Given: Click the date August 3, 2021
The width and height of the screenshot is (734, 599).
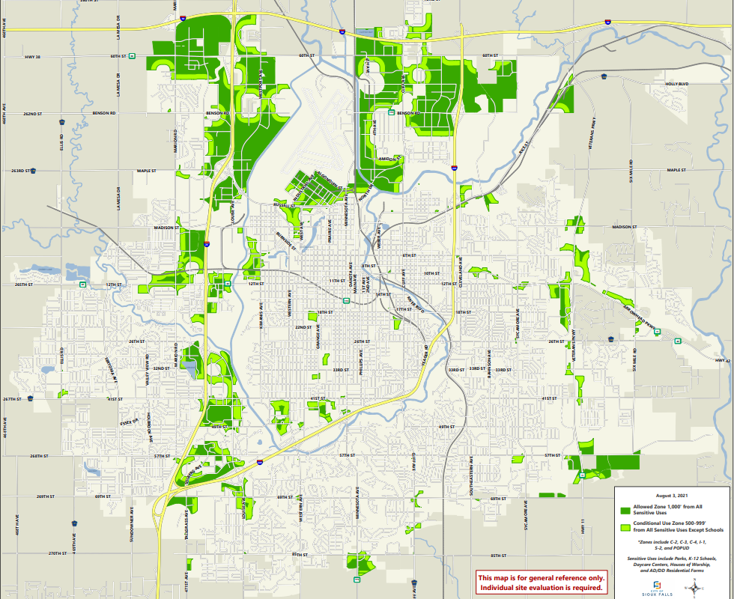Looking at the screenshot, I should pyautogui.click(x=672, y=496).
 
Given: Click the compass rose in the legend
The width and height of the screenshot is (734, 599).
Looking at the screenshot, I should pyautogui.click(x=699, y=586).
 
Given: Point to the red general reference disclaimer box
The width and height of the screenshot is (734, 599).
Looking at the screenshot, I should pyautogui.click(x=542, y=582).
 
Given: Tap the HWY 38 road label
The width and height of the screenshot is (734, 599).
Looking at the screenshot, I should pyautogui.click(x=31, y=56).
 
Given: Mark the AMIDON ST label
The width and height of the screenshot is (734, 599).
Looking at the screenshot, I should pyautogui.click(x=389, y=159).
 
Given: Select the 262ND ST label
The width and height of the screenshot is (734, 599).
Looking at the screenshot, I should pyautogui.click(x=31, y=113).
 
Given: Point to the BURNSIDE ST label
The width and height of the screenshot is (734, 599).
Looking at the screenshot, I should pyautogui.click(x=285, y=240).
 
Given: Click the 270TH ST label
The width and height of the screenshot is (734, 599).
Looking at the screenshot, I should pyautogui.click(x=57, y=553).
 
